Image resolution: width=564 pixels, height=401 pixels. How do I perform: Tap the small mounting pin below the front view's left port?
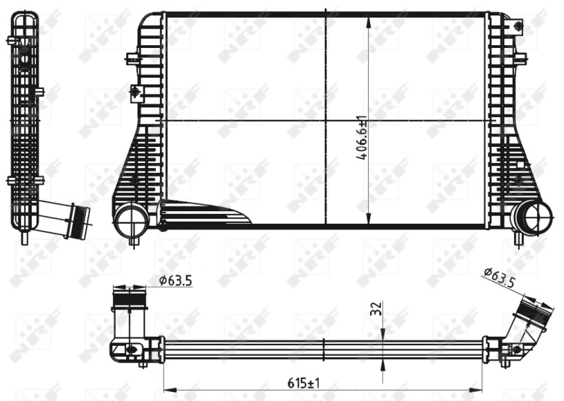(133, 243)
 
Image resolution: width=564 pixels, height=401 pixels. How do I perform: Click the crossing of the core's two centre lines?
(326, 121)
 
